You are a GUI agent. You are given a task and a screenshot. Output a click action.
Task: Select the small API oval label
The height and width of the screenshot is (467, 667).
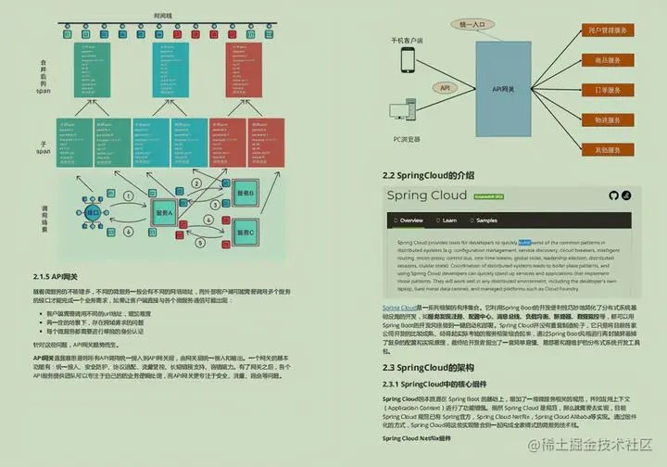[445, 88]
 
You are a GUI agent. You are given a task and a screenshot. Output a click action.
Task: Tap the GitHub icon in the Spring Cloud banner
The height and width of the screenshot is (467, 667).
[612, 196]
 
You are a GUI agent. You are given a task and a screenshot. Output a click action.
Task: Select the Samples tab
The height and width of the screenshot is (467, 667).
[486, 221]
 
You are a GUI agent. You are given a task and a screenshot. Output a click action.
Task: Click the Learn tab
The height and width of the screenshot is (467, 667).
[449, 221]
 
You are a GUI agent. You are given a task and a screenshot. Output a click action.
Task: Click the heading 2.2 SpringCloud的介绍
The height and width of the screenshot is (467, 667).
[428, 175]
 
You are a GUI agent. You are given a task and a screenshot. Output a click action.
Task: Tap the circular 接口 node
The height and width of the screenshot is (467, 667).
[93, 213]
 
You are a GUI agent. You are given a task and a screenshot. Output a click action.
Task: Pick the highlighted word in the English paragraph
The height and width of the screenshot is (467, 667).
[524, 241]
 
